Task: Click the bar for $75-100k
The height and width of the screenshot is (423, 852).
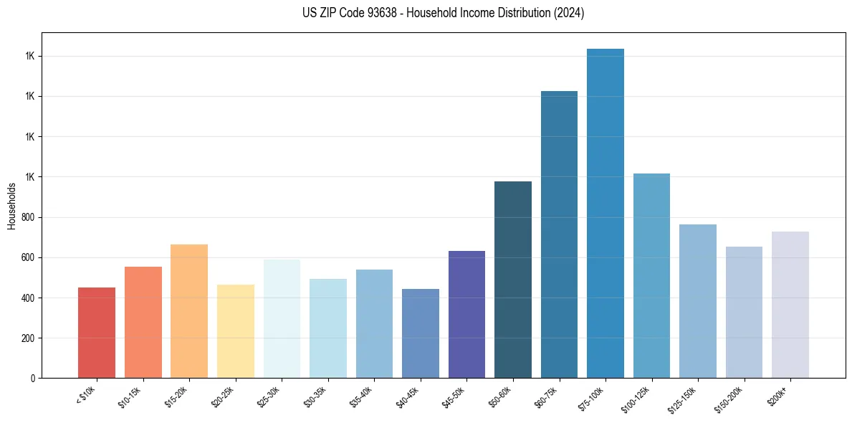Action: [x=605, y=215]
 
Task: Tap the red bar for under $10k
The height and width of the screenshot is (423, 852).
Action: [x=97, y=333]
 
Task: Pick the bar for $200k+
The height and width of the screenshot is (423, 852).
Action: [x=790, y=305]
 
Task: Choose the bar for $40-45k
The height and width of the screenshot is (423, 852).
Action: [x=421, y=334]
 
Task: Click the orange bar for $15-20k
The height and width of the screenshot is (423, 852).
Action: [x=189, y=312]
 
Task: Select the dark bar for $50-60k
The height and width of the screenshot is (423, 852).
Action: [x=513, y=280]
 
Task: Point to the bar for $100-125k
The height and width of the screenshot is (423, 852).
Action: [x=651, y=276]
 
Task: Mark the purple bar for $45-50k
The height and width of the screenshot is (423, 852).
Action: [x=466, y=315]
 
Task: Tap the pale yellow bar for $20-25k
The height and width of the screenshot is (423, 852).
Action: [x=235, y=332]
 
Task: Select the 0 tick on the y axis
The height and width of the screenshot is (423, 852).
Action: [x=32, y=378]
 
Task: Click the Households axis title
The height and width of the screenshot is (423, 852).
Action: [x=11, y=206]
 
